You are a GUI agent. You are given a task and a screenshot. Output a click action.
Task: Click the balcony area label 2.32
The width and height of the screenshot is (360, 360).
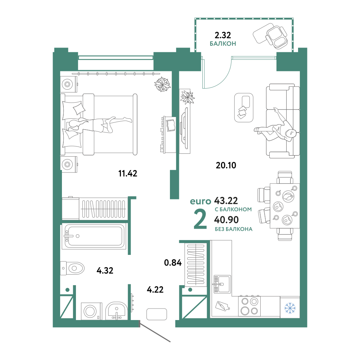pos(223,35)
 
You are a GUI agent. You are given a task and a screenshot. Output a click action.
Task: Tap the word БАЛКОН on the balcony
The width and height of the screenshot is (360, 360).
pos(223,44)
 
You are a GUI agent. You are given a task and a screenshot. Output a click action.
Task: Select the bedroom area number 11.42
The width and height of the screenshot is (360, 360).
pos(128,174)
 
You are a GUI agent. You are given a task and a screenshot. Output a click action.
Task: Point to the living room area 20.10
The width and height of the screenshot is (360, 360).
pos(226,165)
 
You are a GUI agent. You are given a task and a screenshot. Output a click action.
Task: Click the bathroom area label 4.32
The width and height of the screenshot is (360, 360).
pos(105,270)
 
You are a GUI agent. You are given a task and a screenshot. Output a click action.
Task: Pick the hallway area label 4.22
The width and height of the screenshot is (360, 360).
pos(155,290)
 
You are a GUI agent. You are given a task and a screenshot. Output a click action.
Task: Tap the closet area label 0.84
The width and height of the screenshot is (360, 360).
pos(173,263)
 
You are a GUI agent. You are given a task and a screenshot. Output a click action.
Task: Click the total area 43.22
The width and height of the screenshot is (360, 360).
pos(226,201)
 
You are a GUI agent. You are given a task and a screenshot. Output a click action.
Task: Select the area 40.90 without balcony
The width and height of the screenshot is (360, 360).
pos(226,220)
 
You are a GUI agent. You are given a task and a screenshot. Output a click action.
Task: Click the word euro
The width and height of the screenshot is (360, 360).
pos(201,201)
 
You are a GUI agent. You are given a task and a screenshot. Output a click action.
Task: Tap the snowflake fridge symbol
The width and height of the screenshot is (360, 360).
pos(290,308)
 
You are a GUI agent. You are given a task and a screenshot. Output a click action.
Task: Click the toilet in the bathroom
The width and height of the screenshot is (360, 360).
pos(72,268)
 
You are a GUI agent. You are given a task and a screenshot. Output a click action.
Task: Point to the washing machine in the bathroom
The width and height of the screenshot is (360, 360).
pos(91,311)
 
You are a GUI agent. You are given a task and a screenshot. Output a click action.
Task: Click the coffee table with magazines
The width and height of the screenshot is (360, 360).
pos(244,107)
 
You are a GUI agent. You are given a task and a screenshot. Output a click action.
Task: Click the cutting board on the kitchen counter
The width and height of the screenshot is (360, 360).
pos(222,306)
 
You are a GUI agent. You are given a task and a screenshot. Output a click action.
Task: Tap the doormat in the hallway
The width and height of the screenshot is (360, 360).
pos(157,314)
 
